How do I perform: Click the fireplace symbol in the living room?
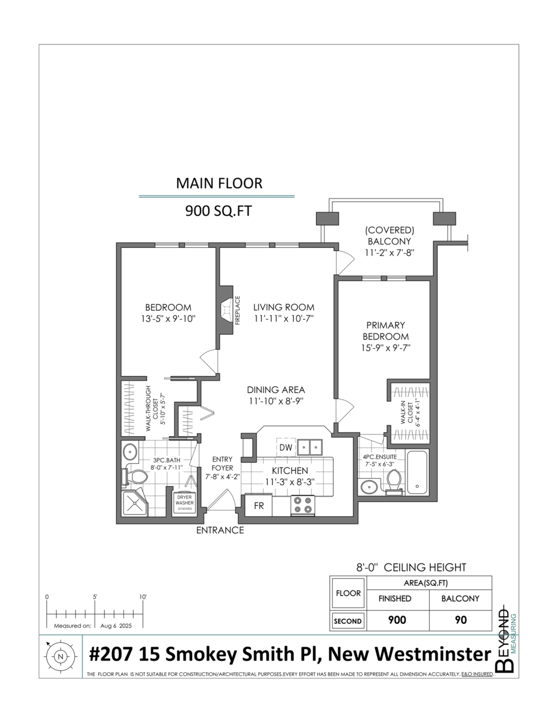pyautogui.click(x=226, y=313)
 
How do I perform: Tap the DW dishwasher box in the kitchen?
pyautogui.click(x=285, y=447)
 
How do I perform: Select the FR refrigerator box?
pyautogui.click(x=259, y=505)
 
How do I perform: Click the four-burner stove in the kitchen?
pyautogui.click(x=302, y=505)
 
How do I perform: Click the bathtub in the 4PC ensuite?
pyautogui.click(x=417, y=472)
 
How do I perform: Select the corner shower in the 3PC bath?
pyautogui.click(x=134, y=503)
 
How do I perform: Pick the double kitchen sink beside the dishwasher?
pyautogui.click(x=309, y=447)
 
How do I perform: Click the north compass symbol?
pyautogui.click(x=60, y=656)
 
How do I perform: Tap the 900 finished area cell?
pyautogui.click(x=397, y=620)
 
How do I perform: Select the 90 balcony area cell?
pyautogui.click(x=460, y=620)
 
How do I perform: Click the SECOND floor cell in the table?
pyautogui.click(x=348, y=621)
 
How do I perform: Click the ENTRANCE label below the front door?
pyautogui.click(x=220, y=530)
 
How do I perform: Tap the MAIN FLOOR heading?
pyautogui.click(x=219, y=184)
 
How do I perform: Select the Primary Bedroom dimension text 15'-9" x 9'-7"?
pyautogui.click(x=386, y=348)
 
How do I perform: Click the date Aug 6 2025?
pyautogui.click(x=116, y=626)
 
